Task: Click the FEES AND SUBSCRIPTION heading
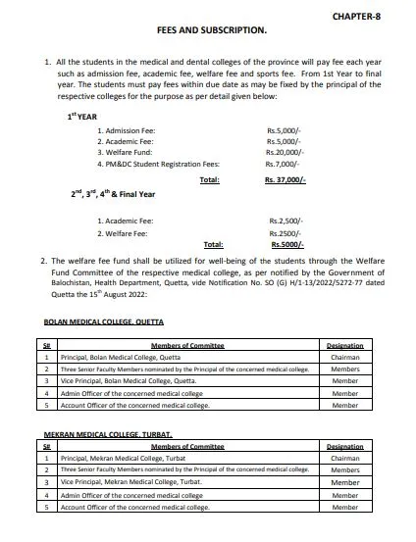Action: tap(212, 30)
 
